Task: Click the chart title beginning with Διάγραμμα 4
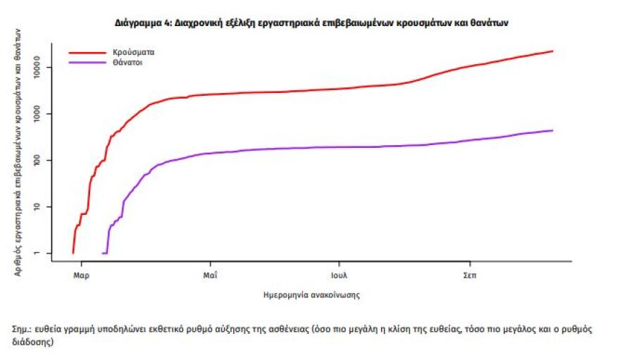click(311, 23)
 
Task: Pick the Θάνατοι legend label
click(127, 63)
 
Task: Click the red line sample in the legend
click(86, 52)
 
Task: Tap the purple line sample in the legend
click(86, 63)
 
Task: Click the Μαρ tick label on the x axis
click(81, 275)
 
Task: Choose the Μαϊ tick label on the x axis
click(209, 275)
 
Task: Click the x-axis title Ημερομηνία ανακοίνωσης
click(311, 295)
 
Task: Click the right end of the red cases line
click(552, 51)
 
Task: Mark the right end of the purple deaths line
click(552, 130)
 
